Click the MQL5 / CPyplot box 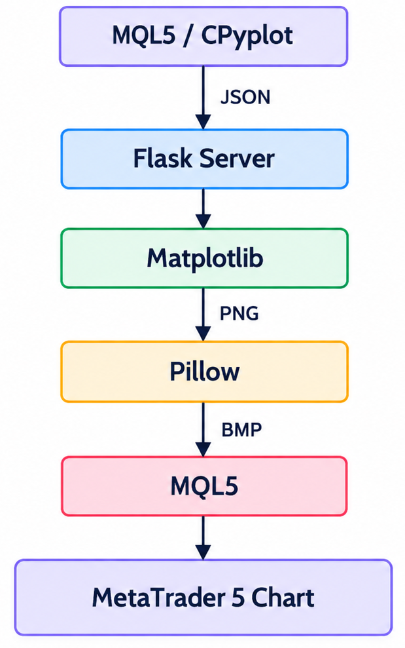(x=203, y=37)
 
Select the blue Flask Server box (x=204, y=159)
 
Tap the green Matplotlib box (x=204, y=258)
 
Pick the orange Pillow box (x=204, y=372)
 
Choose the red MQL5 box (x=204, y=486)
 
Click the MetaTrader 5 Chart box (x=203, y=597)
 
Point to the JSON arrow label (x=245, y=97)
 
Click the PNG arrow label (x=239, y=313)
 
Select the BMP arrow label (x=241, y=430)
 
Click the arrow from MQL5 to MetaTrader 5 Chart (x=203, y=538)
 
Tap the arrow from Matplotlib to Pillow (x=203, y=314)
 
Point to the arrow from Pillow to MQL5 (x=203, y=429)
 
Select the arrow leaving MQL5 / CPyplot (x=203, y=98)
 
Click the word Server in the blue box (x=237, y=159)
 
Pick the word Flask (x=163, y=159)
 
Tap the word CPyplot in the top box (x=247, y=37)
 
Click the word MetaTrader (x=158, y=598)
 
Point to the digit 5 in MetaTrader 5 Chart (x=238, y=598)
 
